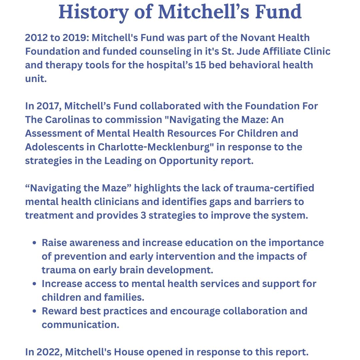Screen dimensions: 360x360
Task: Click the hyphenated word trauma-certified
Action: click(275, 188)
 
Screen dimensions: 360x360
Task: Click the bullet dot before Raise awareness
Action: click(35, 243)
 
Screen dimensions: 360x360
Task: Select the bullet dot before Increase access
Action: click(35, 284)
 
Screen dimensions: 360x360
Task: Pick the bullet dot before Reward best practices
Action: click(35, 311)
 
